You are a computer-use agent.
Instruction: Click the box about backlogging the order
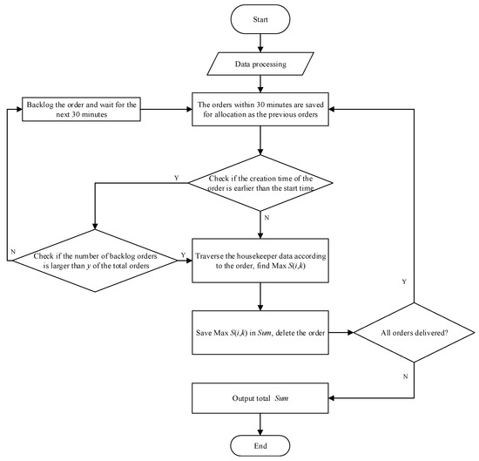tap(74, 110)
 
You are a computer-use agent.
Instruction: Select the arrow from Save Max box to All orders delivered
tap(341, 332)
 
